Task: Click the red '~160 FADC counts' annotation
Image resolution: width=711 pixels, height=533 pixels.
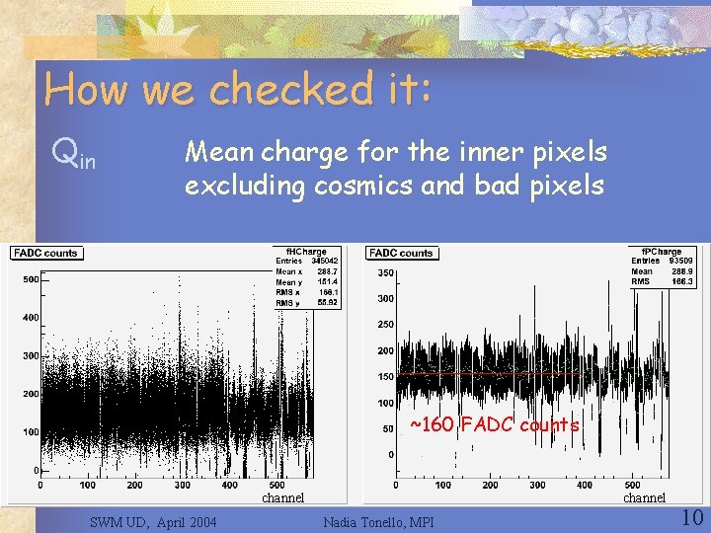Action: [494, 425]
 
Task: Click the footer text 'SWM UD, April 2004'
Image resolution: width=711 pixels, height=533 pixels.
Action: [153, 521]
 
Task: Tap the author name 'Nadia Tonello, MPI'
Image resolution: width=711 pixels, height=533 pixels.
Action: [385, 521]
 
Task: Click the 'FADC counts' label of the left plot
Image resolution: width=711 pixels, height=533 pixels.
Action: [46, 254]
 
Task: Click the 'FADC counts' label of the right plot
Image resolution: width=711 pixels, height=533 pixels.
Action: [402, 254]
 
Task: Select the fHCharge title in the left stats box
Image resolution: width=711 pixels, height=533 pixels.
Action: [306, 252]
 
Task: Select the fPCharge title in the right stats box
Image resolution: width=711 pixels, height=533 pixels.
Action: [662, 252]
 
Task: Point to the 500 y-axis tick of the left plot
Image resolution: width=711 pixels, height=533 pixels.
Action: [31, 279]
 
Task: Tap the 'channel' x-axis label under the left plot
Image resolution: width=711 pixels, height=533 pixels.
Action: [282, 497]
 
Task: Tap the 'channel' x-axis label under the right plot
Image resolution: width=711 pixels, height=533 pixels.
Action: [644, 497]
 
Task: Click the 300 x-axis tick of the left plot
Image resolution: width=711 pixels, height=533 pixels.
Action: [183, 485]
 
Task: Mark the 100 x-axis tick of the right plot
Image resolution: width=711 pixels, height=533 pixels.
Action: [442, 485]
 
